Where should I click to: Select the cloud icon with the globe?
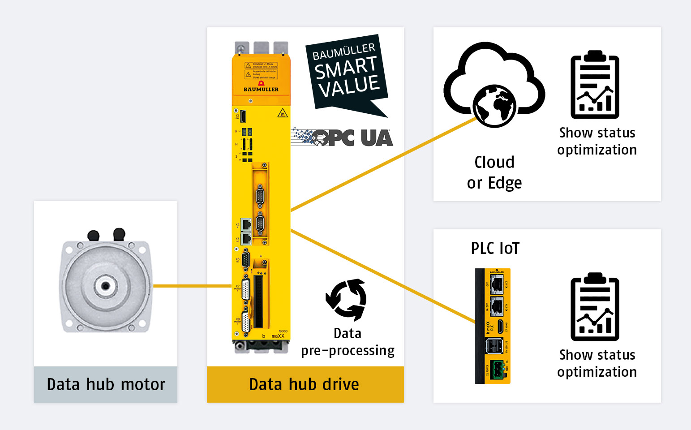[494, 85]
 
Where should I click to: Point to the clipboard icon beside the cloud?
[595, 85]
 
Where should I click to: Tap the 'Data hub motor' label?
[106, 384]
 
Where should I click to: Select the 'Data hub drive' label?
[304, 384]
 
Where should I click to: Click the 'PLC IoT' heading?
[495, 248]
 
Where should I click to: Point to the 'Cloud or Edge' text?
[494, 172]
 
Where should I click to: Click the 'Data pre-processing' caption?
[348, 342]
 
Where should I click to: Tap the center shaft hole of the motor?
[105, 285]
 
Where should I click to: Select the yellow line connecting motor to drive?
[193, 286]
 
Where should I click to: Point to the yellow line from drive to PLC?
[381, 275]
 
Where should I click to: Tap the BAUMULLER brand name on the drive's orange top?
[261, 89]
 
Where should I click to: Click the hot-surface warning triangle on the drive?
[283, 113]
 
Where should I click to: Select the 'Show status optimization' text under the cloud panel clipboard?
[597, 141]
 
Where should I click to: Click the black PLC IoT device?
[493, 326]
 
